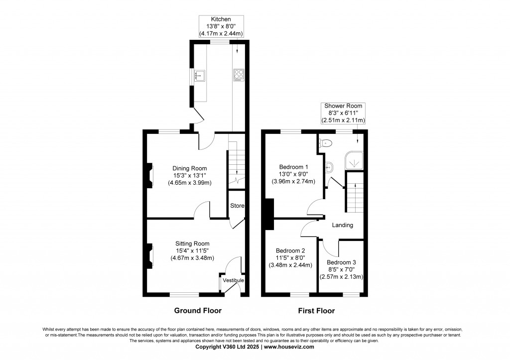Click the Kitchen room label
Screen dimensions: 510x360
[x=221, y=19]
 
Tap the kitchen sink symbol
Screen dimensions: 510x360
[x=199, y=76]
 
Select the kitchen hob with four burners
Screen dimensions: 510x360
[x=239, y=76]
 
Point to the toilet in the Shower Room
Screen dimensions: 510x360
[x=325, y=143]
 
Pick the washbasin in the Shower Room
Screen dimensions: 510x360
[x=329, y=167]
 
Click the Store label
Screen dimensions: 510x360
[x=237, y=206]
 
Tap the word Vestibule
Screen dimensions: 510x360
[x=233, y=280]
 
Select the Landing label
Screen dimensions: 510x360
[x=343, y=225]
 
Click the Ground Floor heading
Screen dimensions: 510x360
[x=198, y=311]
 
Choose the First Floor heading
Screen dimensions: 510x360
[x=316, y=311]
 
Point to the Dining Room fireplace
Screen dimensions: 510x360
[x=150, y=176]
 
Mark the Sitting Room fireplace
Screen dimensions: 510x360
[x=150, y=256]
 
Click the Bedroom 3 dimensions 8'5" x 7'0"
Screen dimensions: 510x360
[x=341, y=269]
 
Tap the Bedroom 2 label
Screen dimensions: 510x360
[x=290, y=251]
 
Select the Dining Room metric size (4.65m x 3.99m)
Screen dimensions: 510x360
[x=190, y=183]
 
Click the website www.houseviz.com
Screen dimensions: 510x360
[x=289, y=347]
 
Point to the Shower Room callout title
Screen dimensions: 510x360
[x=343, y=106]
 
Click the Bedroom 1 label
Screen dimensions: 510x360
[x=293, y=167]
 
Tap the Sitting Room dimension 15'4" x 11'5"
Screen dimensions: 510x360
[x=192, y=251]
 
